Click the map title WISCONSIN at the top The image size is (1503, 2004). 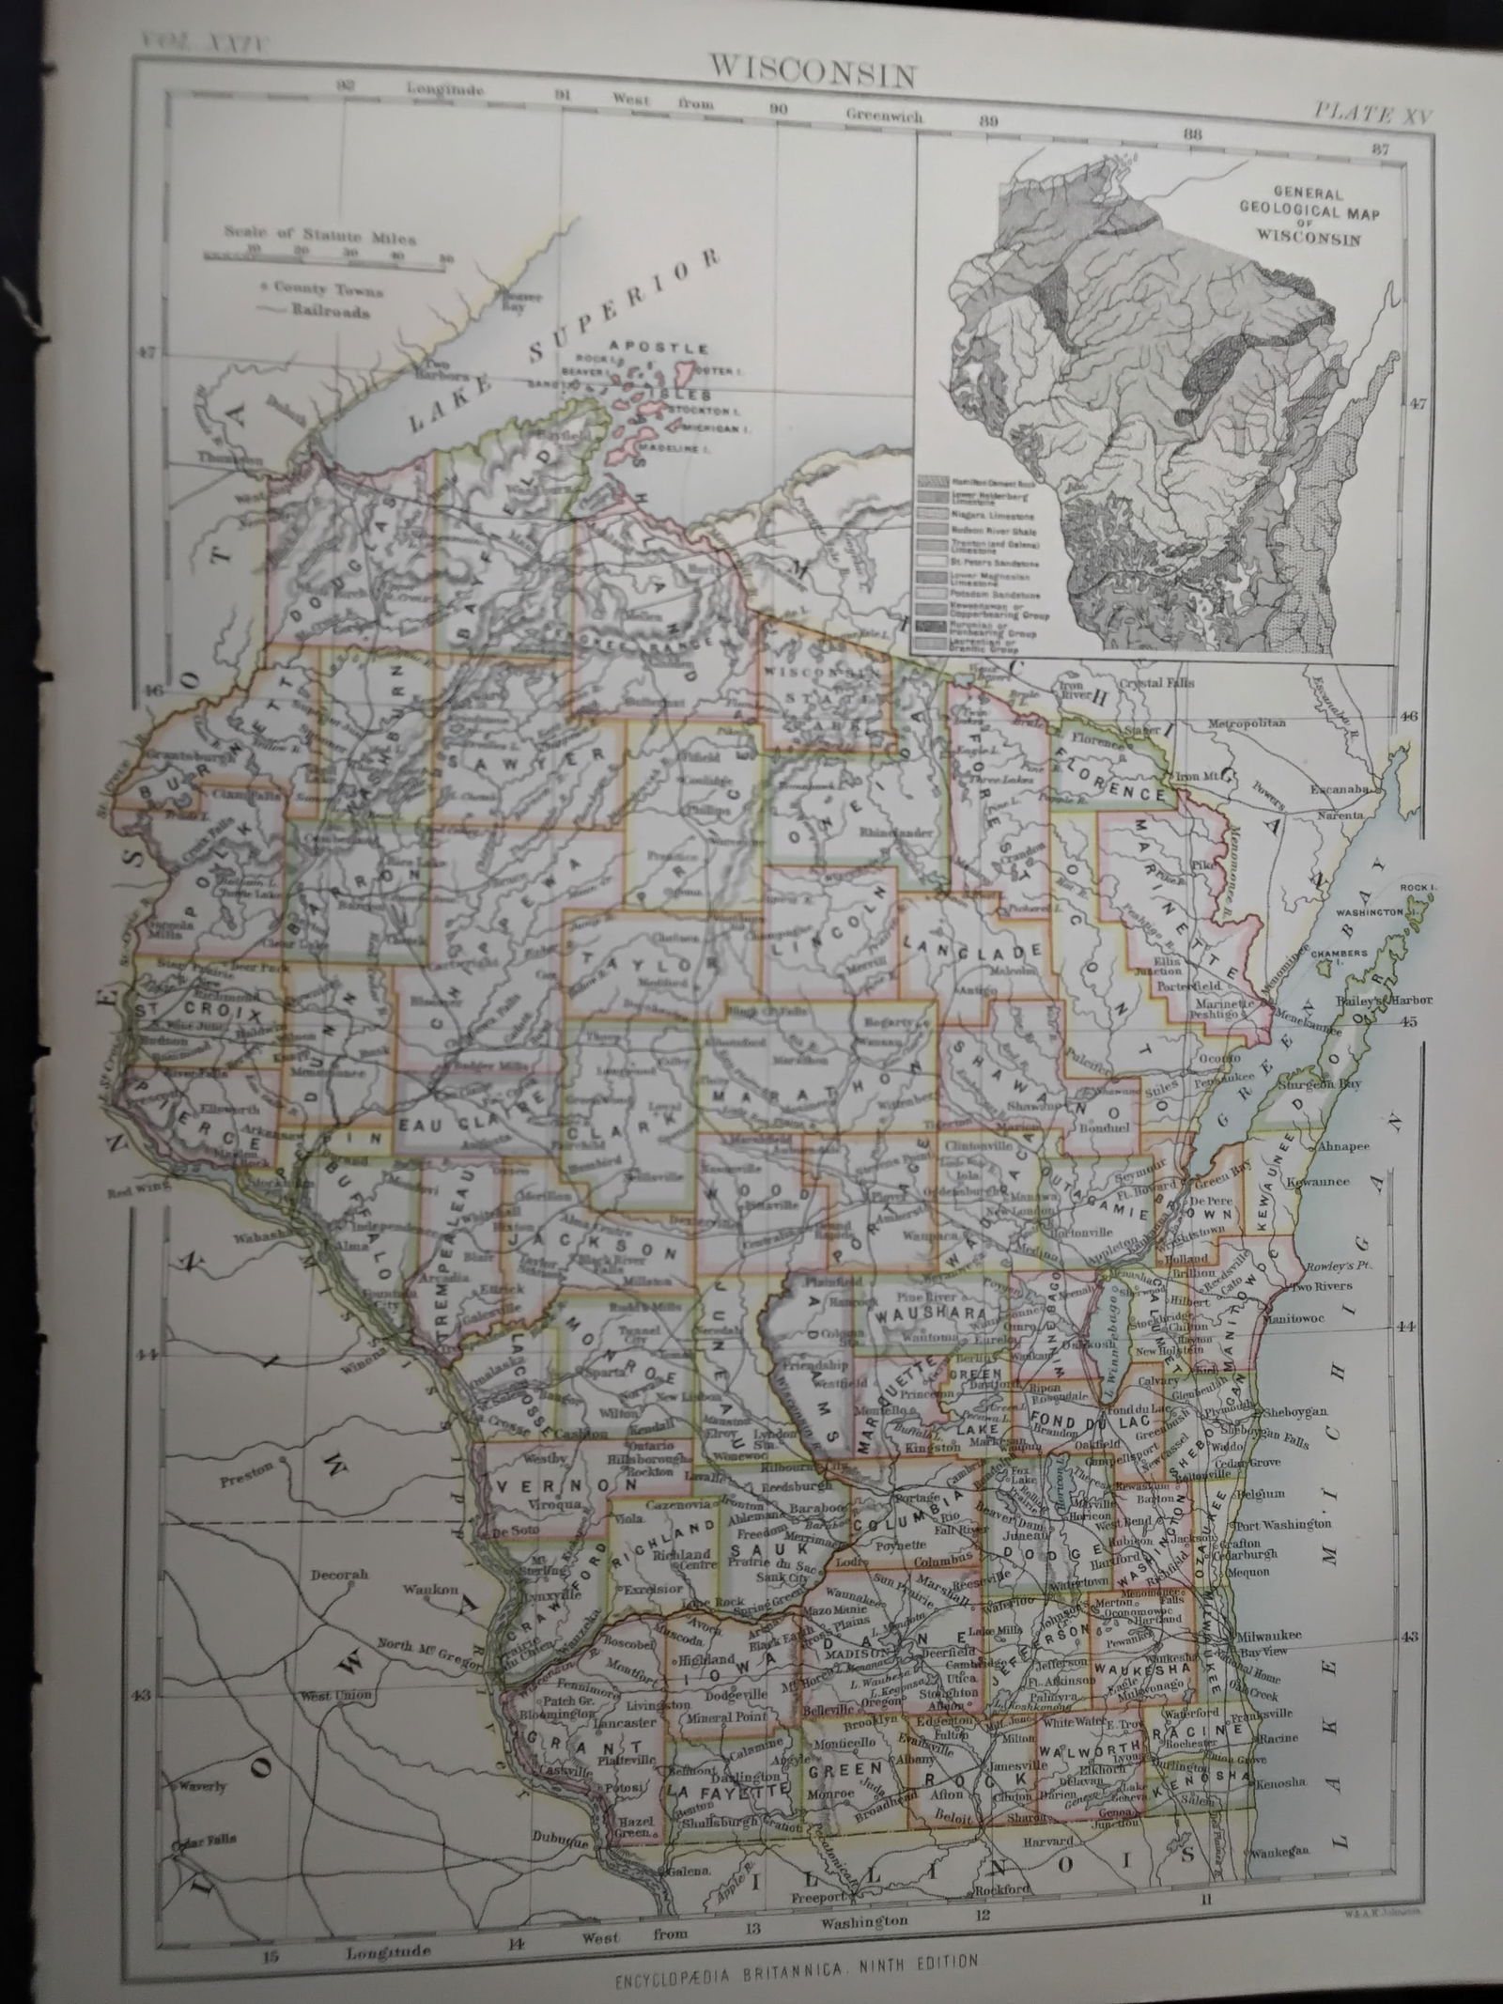click(812, 71)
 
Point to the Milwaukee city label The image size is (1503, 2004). click(1268, 1636)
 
